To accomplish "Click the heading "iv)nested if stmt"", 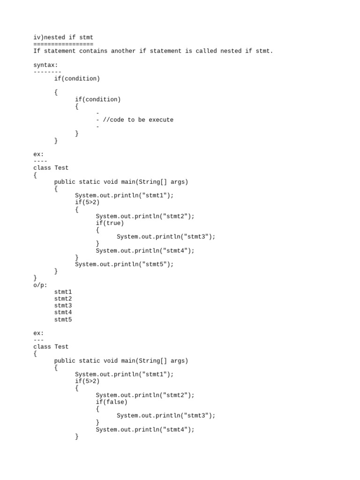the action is pos(63,37).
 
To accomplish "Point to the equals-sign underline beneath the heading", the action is pos(63,44).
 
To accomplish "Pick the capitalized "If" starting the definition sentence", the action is pos(37,51).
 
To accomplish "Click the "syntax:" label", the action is pos(45,65).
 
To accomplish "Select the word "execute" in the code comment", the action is pos(161,120).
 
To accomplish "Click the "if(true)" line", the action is pos(110,223).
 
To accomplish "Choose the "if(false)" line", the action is pos(112,402).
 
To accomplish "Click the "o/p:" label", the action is pos(40,285).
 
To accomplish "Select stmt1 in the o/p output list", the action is pos(63,292).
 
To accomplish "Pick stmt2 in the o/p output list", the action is pos(63,299).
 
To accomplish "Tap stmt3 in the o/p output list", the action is pos(63,306).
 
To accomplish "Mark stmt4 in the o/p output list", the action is pos(63,313).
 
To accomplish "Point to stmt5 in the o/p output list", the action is pos(63,320).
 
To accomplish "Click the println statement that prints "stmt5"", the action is pos(124,264).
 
